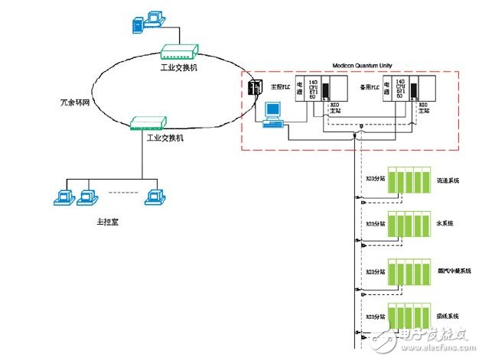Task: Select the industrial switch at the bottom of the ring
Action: (x=147, y=122)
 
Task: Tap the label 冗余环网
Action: (x=74, y=101)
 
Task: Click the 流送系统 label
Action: (x=445, y=180)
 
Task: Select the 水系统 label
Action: (x=444, y=223)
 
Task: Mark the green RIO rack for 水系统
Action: (x=407, y=226)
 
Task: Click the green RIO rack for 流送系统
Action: (x=407, y=182)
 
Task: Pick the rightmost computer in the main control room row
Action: (x=155, y=195)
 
